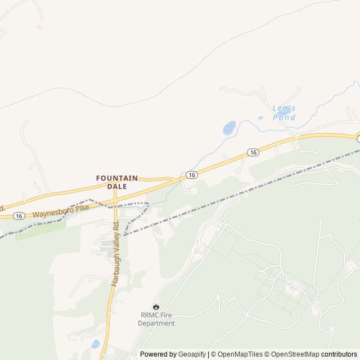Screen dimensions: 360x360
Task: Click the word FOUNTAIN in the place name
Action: tap(117, 178)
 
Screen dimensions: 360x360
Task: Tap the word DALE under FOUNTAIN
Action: tap(117, 186)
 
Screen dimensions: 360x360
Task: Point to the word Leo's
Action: tap(284, 109)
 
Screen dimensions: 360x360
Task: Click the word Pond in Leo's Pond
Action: tap(284, 118)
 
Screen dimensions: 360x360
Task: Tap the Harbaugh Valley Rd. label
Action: tap(115, 253)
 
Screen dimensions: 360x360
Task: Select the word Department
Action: tap(156, 323)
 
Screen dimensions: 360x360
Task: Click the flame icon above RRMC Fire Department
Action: tap(156, 307)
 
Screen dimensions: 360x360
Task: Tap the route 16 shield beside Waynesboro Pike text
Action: tap(19, 215)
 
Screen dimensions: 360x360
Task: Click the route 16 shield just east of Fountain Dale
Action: tap(192, 175)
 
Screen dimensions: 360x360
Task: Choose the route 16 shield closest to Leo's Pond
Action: tap(253, 152)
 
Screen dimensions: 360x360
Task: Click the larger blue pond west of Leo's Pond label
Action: tap(229, 128)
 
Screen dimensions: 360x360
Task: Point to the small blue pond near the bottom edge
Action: tap(95, 344)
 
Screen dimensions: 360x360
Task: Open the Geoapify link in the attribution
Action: tap(192, 354)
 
